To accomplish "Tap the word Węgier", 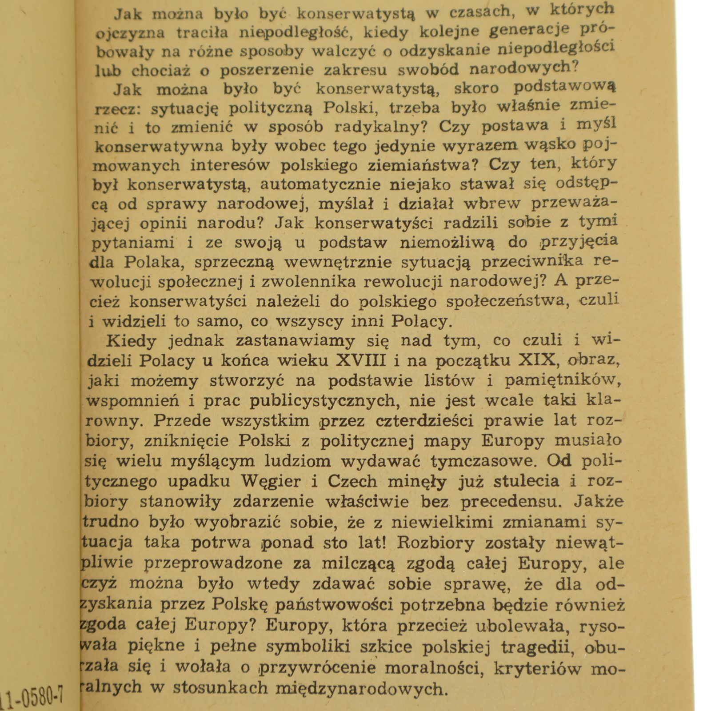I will pyautogui.click(x=271, y=481).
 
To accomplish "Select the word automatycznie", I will pyautogui.click(x=320, y=184).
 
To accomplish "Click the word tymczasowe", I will pyautogui.click(x=484, y=461).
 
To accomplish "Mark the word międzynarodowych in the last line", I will pyautogui.click(x=360, y=688).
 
